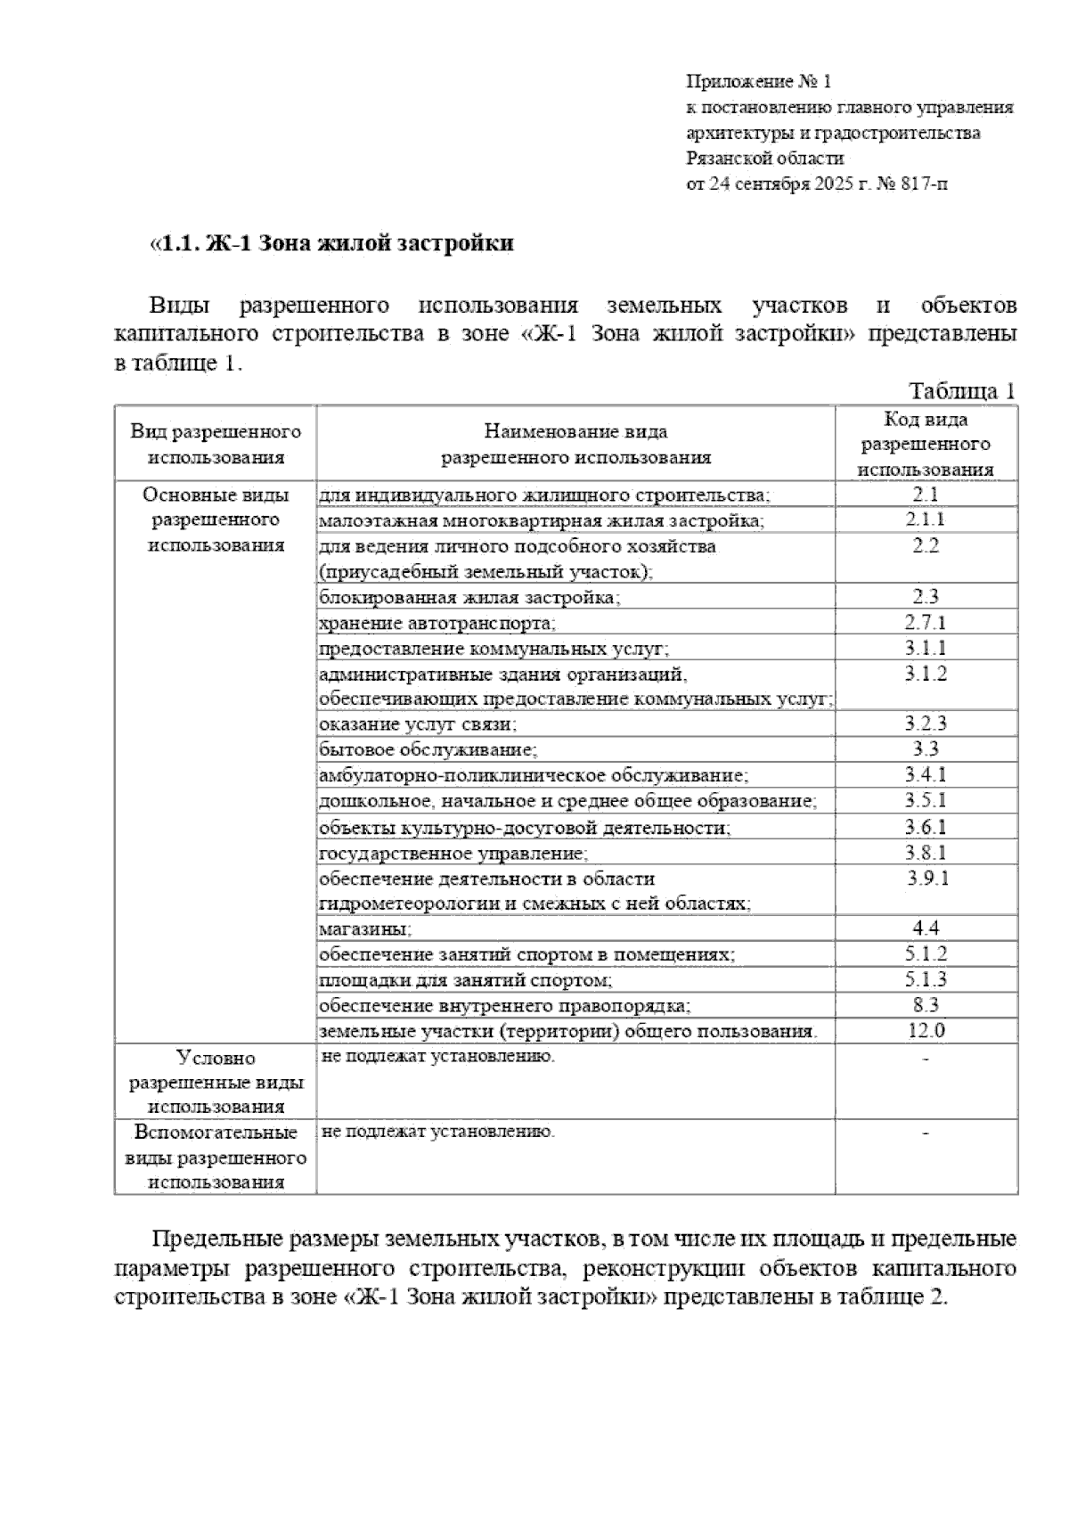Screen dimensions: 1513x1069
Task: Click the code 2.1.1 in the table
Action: [926, 519]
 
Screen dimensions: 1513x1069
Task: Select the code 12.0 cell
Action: [926, 1031]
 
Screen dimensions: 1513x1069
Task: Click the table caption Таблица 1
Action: [961, 391]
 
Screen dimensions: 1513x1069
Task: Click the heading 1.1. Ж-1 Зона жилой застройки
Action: [331, 243]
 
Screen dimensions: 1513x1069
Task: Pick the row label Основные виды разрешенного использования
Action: [216, 519]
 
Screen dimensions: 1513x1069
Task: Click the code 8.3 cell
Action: [926, 1005]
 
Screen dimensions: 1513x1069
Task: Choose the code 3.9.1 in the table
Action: [927, 879]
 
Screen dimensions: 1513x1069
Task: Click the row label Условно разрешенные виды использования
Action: [216, 1082]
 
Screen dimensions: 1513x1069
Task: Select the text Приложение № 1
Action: [758, 82]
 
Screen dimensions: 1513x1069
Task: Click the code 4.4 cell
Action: [926, 928]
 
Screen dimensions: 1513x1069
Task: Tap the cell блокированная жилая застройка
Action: [469, 597]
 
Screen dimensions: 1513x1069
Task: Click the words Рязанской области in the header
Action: [764, 159]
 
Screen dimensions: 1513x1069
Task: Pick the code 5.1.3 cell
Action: [926, 980]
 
